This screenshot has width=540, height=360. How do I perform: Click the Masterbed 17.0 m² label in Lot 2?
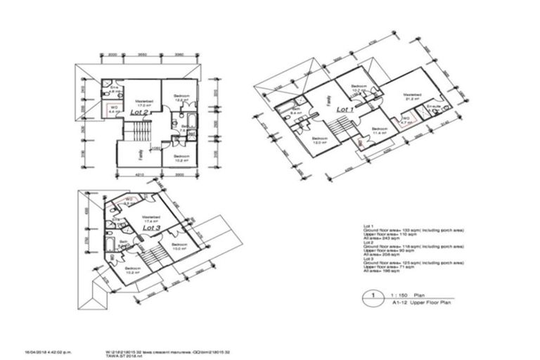point(143,103)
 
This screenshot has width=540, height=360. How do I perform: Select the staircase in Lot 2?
point(138,131)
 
